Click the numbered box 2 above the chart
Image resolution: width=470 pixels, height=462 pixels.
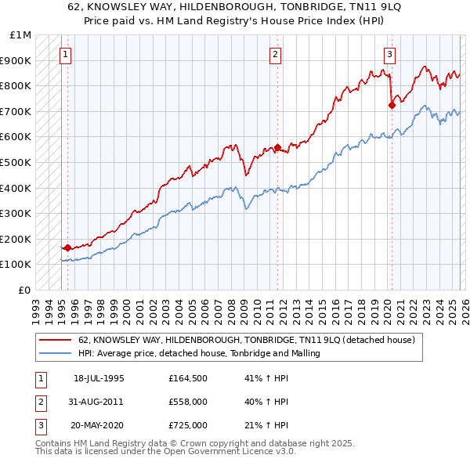point(276,54)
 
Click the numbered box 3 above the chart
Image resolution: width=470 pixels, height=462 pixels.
point(389,54)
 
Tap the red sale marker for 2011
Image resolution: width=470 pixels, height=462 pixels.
point(277,147)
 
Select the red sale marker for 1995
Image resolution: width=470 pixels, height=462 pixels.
point(67,248)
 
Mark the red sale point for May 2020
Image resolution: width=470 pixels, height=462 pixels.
point(391,105)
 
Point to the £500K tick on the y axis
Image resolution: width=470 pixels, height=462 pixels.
point(16,162)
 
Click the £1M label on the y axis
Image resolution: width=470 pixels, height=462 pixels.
point(20,34)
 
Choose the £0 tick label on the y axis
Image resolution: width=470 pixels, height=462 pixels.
point(25,290)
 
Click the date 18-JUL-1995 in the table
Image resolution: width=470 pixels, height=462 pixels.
point(99,378)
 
